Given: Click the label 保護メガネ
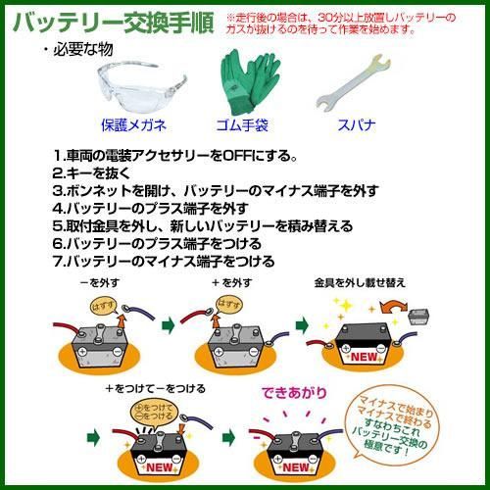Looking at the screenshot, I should pyautogui.click(x=134, y=125).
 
